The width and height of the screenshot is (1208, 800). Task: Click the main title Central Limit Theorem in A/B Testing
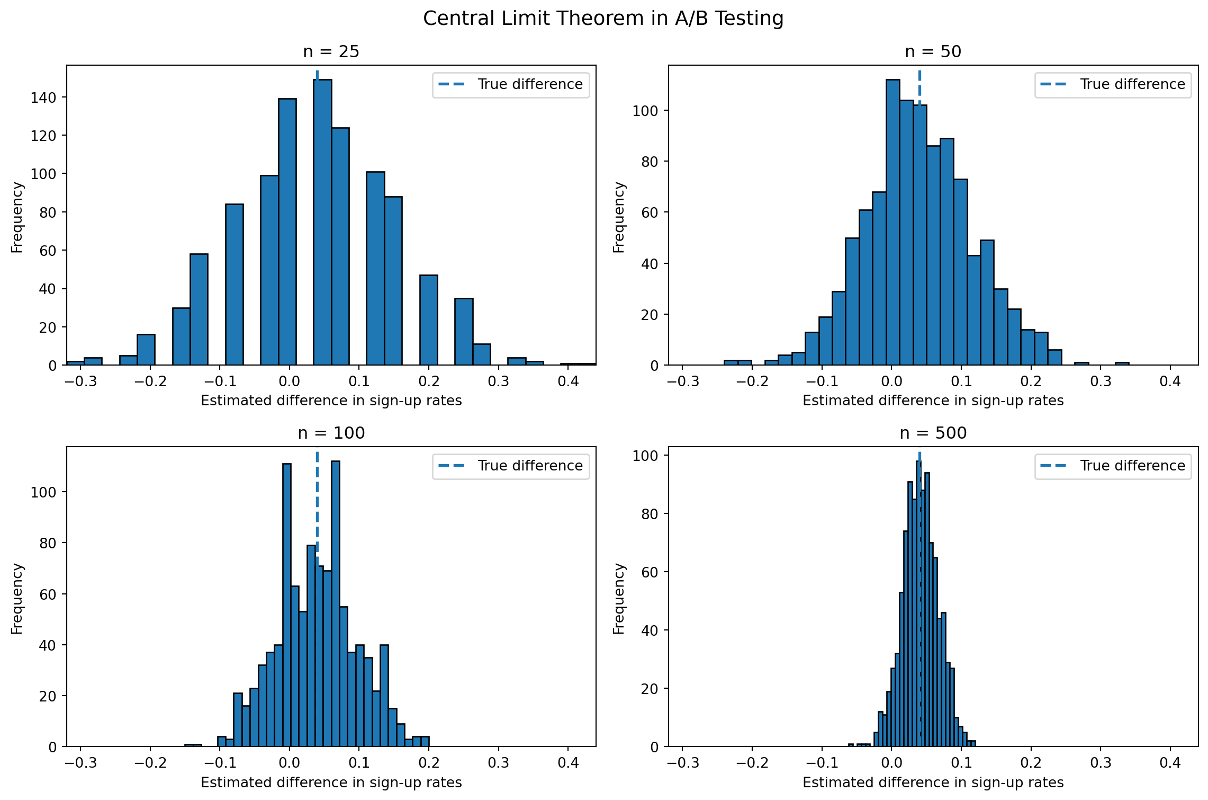(x=603, y=19)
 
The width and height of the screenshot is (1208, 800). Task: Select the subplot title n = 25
(x=331, y=51)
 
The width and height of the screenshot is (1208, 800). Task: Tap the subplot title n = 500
(x=933, y=433)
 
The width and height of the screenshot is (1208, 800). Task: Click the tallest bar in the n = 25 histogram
(x=322, y=223)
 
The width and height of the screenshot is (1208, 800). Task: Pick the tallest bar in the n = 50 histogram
(x=893, y=223)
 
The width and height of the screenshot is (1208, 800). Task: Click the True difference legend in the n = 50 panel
(x=1113, y=85)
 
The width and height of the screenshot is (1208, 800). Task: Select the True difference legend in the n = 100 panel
(x=510, y=466)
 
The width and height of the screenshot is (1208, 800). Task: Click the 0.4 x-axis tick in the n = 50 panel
(x=1170, y=381)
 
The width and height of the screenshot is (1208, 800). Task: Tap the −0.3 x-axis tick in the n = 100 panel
(x=80, y=763)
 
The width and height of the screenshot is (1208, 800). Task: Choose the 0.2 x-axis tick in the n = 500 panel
(x=1031, y=763)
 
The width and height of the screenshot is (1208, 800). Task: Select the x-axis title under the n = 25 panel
(x=331, y=401)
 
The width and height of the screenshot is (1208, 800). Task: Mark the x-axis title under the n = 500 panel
(x=933, y=783)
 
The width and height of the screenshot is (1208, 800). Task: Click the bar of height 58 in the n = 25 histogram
(x=199, y=310)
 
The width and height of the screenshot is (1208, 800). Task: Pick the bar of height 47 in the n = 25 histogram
(x=429, y=321)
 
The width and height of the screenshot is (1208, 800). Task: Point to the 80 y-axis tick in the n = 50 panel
(x=649, y=162)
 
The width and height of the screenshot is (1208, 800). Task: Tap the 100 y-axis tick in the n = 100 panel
(x=43, y=492)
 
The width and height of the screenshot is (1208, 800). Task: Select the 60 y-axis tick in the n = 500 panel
(x=649, y=572)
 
